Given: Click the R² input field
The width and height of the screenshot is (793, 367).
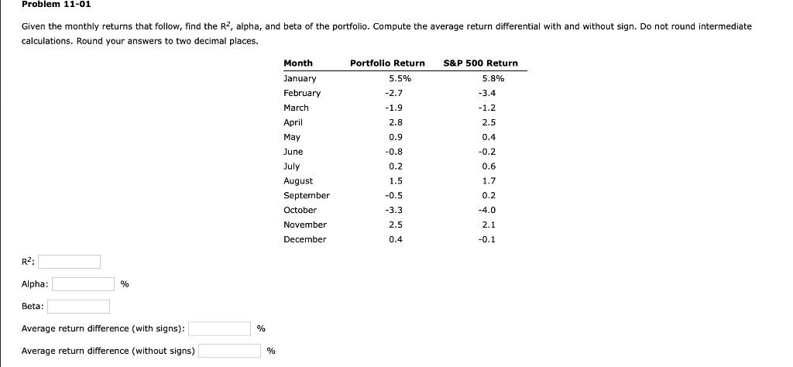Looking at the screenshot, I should pyautogui.click(x=71, y=262).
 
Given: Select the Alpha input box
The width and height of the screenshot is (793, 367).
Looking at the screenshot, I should pyautogui.click(x=83, y=284).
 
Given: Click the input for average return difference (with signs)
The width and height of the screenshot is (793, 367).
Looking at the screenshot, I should pyautogui.click(x=220, y=328).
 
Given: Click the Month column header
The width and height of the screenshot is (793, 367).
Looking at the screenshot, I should pyautogui.click(x=298, y=63).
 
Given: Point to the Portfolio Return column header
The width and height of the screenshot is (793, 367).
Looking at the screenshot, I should pyautogui.click(x=387, y=63).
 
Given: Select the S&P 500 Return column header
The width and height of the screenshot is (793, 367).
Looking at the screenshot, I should pyautogui.click(x=480, y=63).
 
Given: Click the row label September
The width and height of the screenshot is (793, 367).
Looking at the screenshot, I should pyautogui.click(x=306, y=196).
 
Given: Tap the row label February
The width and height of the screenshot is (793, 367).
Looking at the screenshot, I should pyautogui.click(x=302, y=93).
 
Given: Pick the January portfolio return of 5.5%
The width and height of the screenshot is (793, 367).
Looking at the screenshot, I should pyautogui.click(x=400, y=78).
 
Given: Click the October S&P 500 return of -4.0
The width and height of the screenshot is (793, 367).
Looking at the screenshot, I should pyautogui.click(x=488, y=210).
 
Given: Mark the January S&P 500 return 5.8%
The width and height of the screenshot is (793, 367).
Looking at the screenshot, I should pyautogui.click(x=493, y=78).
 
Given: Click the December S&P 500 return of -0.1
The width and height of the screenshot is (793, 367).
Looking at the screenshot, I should pyautogui.click(x=488, y=239).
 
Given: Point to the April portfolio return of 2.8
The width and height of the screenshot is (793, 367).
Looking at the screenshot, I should pyautogui.click(x=396, y=122).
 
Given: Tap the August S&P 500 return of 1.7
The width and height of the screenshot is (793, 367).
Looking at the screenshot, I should pyautogui.click(x=489, y=181).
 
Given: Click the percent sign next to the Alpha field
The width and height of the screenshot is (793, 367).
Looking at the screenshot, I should pyautogui.click(x=125, y=285).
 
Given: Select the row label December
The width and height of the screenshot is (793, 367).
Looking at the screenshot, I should pyautogui.click(x=304, y=239).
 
